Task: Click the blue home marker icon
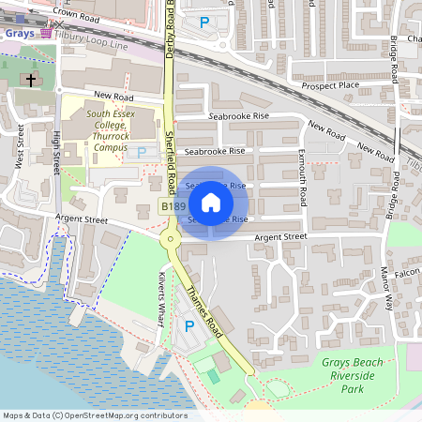pyautogui.click(x=211, y=203)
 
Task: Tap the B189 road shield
pyautogui.click(x=171, y=206)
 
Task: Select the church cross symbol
pyautogui.click(x=30, y=81)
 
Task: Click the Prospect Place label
pyautogui.click(x=330, y=85)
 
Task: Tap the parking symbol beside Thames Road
pyautogui.click(x=189, y=325)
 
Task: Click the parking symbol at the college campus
pyautogui.click(x=142, y=152)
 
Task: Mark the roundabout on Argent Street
pyautogui.click(x=170, y=239)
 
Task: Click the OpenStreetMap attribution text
pyautogui.click(x=95, y=415)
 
